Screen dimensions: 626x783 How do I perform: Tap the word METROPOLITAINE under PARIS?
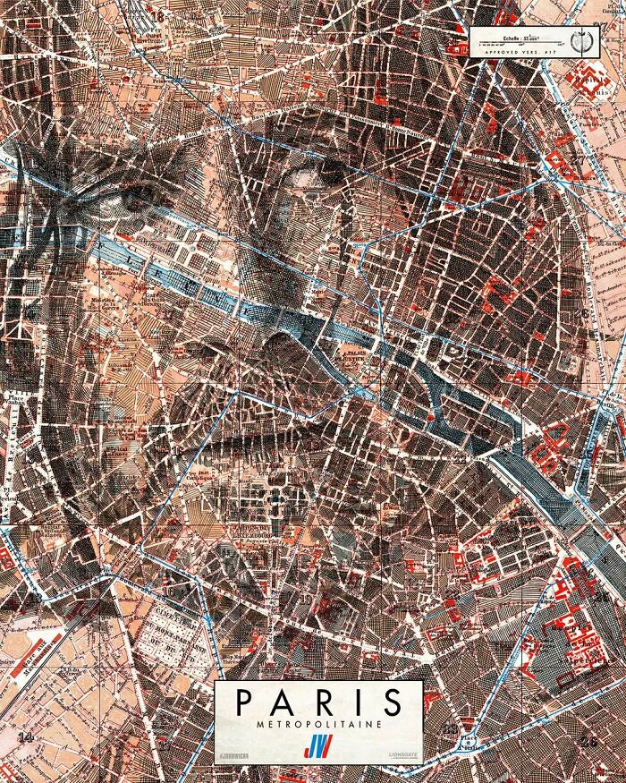[317, 722]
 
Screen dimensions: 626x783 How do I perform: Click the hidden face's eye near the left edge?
[121, 202]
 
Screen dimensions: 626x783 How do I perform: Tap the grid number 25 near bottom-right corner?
[588, 740]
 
